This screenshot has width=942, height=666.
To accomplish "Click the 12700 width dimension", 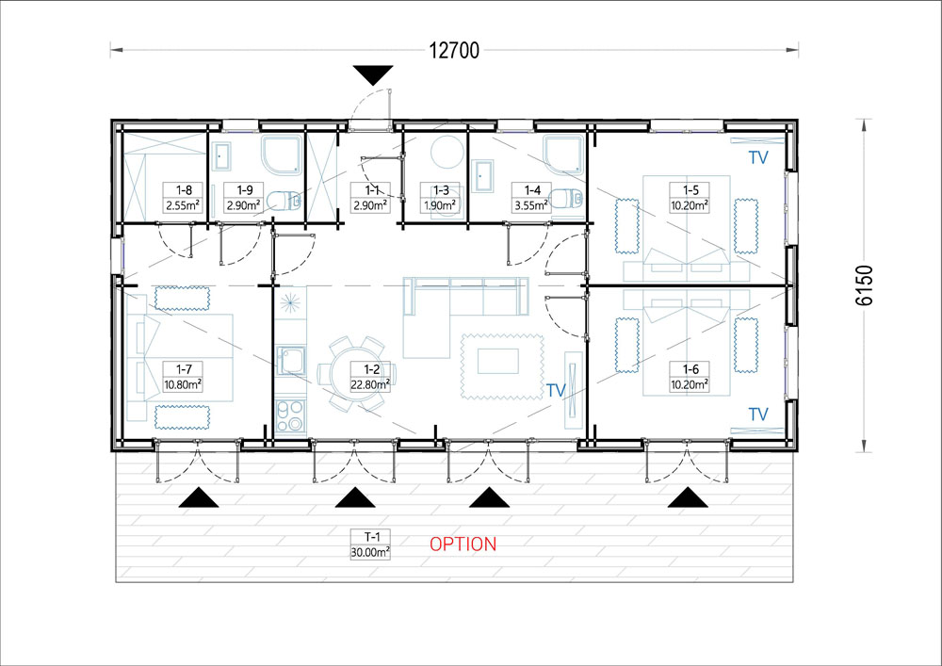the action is pos(454,51).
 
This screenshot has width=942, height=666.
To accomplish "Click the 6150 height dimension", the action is pos(864,284).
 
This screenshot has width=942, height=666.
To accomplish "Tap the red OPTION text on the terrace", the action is pos(463,544).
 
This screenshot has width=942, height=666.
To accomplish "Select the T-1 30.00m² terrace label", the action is pos(370,544).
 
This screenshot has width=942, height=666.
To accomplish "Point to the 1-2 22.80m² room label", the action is pos(370,377).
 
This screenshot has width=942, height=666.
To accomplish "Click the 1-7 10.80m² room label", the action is pos(183,377).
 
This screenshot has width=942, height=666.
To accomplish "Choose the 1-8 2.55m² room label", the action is pos(183,198).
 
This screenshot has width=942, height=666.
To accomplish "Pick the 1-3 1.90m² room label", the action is pos(440,198).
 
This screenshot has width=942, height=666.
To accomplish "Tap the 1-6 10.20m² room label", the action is pos(690,377).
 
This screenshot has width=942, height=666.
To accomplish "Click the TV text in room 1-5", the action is pos(758,157).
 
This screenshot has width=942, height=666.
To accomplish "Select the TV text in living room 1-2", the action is pos(557,390).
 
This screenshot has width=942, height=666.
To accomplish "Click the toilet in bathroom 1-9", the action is pos(284,201).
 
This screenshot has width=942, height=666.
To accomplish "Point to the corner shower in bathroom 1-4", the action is pos(563,154).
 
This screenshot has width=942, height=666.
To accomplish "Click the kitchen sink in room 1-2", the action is pos(291,361).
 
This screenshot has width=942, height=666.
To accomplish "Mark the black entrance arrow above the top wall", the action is pos(373,74).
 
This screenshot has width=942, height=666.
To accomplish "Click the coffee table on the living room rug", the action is pos(498,361).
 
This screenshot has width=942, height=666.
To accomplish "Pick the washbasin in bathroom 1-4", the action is pos(482,175).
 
